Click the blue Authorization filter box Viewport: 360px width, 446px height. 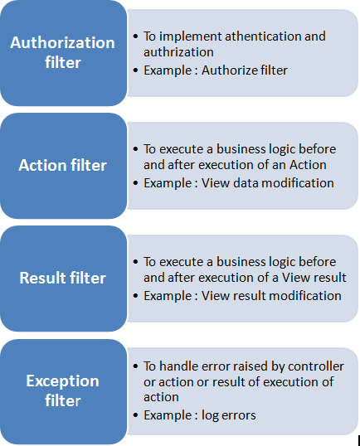(x=64, y=53)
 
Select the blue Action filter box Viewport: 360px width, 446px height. (x=64, y=166)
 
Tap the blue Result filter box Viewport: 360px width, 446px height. (x=64, y=279)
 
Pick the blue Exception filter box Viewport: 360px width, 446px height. (x=64, y=391)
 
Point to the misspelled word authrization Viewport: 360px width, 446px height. (x=178, y=52)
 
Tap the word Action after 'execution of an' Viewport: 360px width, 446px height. (x=308, y=165)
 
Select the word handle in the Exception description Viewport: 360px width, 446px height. (x=178, y=366)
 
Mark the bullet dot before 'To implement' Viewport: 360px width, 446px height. (x=135, y=36)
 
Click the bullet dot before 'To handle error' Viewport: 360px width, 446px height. (x=135, y=366)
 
